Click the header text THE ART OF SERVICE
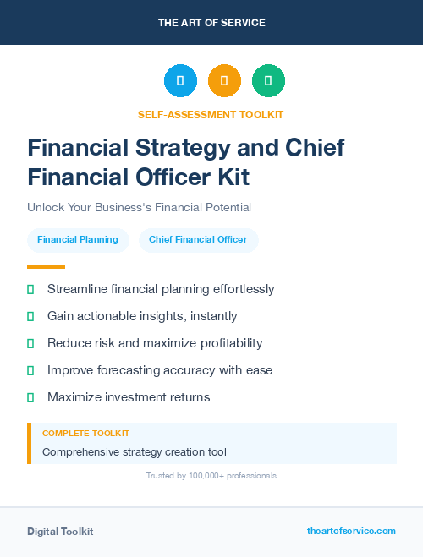(x=211, y=23)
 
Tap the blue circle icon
(x=180, y=80)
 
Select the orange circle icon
(x=224, y=80)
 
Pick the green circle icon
(x=268, y=80)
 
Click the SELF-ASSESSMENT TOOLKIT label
(x=211, y=114)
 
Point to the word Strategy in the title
(x=183, y=147)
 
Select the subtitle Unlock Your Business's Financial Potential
(x=139, y=207)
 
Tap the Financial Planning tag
(x=78, y=240)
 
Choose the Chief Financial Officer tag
(x=198, y=240)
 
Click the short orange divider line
(x=47, y=267)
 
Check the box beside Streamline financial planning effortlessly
(x=30, y=289)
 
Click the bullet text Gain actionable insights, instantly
(x=142, y=316)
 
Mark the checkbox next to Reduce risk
(x=30, y=343)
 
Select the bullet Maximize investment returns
(x=129, y=397)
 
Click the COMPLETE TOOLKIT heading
(x=85, y=433)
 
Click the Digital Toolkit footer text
(x=60, y=532)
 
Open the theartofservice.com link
(x=351, y=531)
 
